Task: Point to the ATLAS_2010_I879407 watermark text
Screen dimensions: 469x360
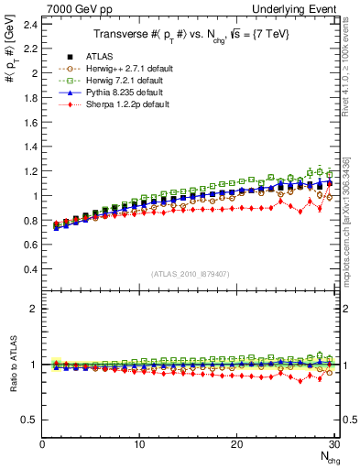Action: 189,272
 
